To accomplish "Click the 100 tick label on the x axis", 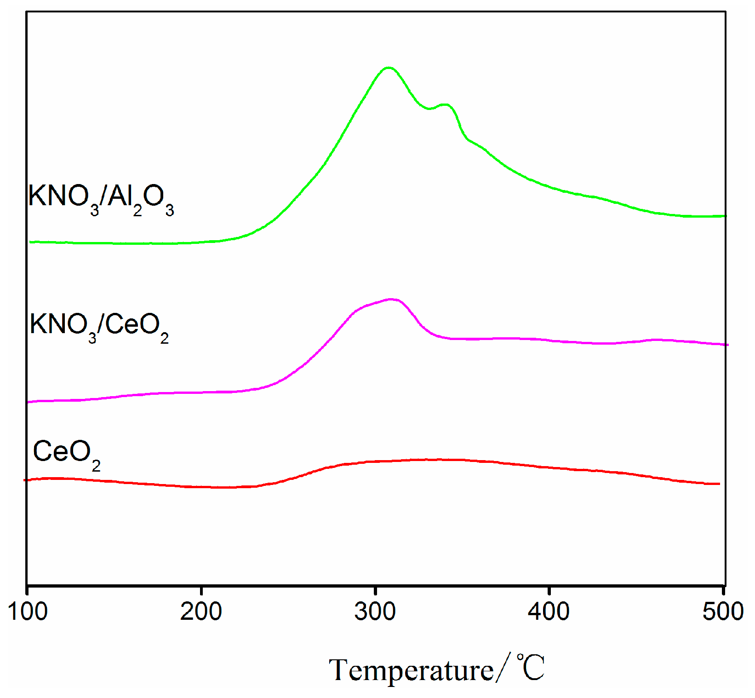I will point(28,612).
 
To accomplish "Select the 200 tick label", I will point(201,612).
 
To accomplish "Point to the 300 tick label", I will point(375,612).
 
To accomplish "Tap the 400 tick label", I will point(549,612).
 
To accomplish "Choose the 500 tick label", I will point(723,612).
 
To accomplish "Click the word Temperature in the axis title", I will point(411,670).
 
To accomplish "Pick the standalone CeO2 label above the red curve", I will point(67,453).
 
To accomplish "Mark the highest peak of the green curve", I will point(389,68).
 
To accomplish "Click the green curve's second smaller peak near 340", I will point(445,105).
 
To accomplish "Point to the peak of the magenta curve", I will point(392,299).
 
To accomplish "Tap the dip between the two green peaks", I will point(429,109).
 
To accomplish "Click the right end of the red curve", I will point(719,484).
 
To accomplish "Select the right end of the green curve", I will point(725,216).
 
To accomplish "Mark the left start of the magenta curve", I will point(29,402).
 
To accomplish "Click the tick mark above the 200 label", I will point(201,590).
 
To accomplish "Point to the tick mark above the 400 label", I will point(549,590).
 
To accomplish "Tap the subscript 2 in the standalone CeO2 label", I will point(96,467).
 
